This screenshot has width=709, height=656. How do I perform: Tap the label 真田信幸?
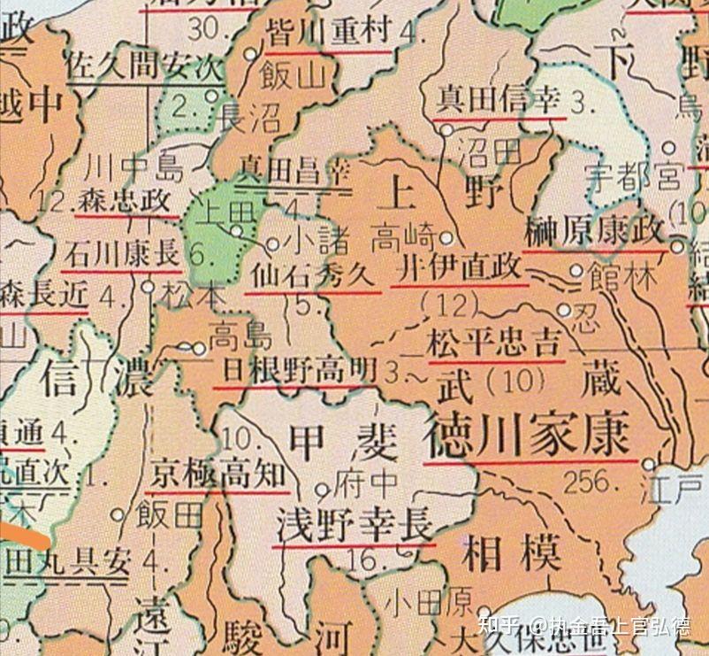point(499,100)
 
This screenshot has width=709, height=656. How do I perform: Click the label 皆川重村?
point(328,34)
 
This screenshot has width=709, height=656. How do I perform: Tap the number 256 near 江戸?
point(587,481)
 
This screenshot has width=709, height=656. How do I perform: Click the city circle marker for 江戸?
point(650,464)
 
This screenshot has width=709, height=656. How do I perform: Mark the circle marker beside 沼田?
point(447,130)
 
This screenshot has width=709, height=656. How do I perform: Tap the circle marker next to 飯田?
point(117,513)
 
